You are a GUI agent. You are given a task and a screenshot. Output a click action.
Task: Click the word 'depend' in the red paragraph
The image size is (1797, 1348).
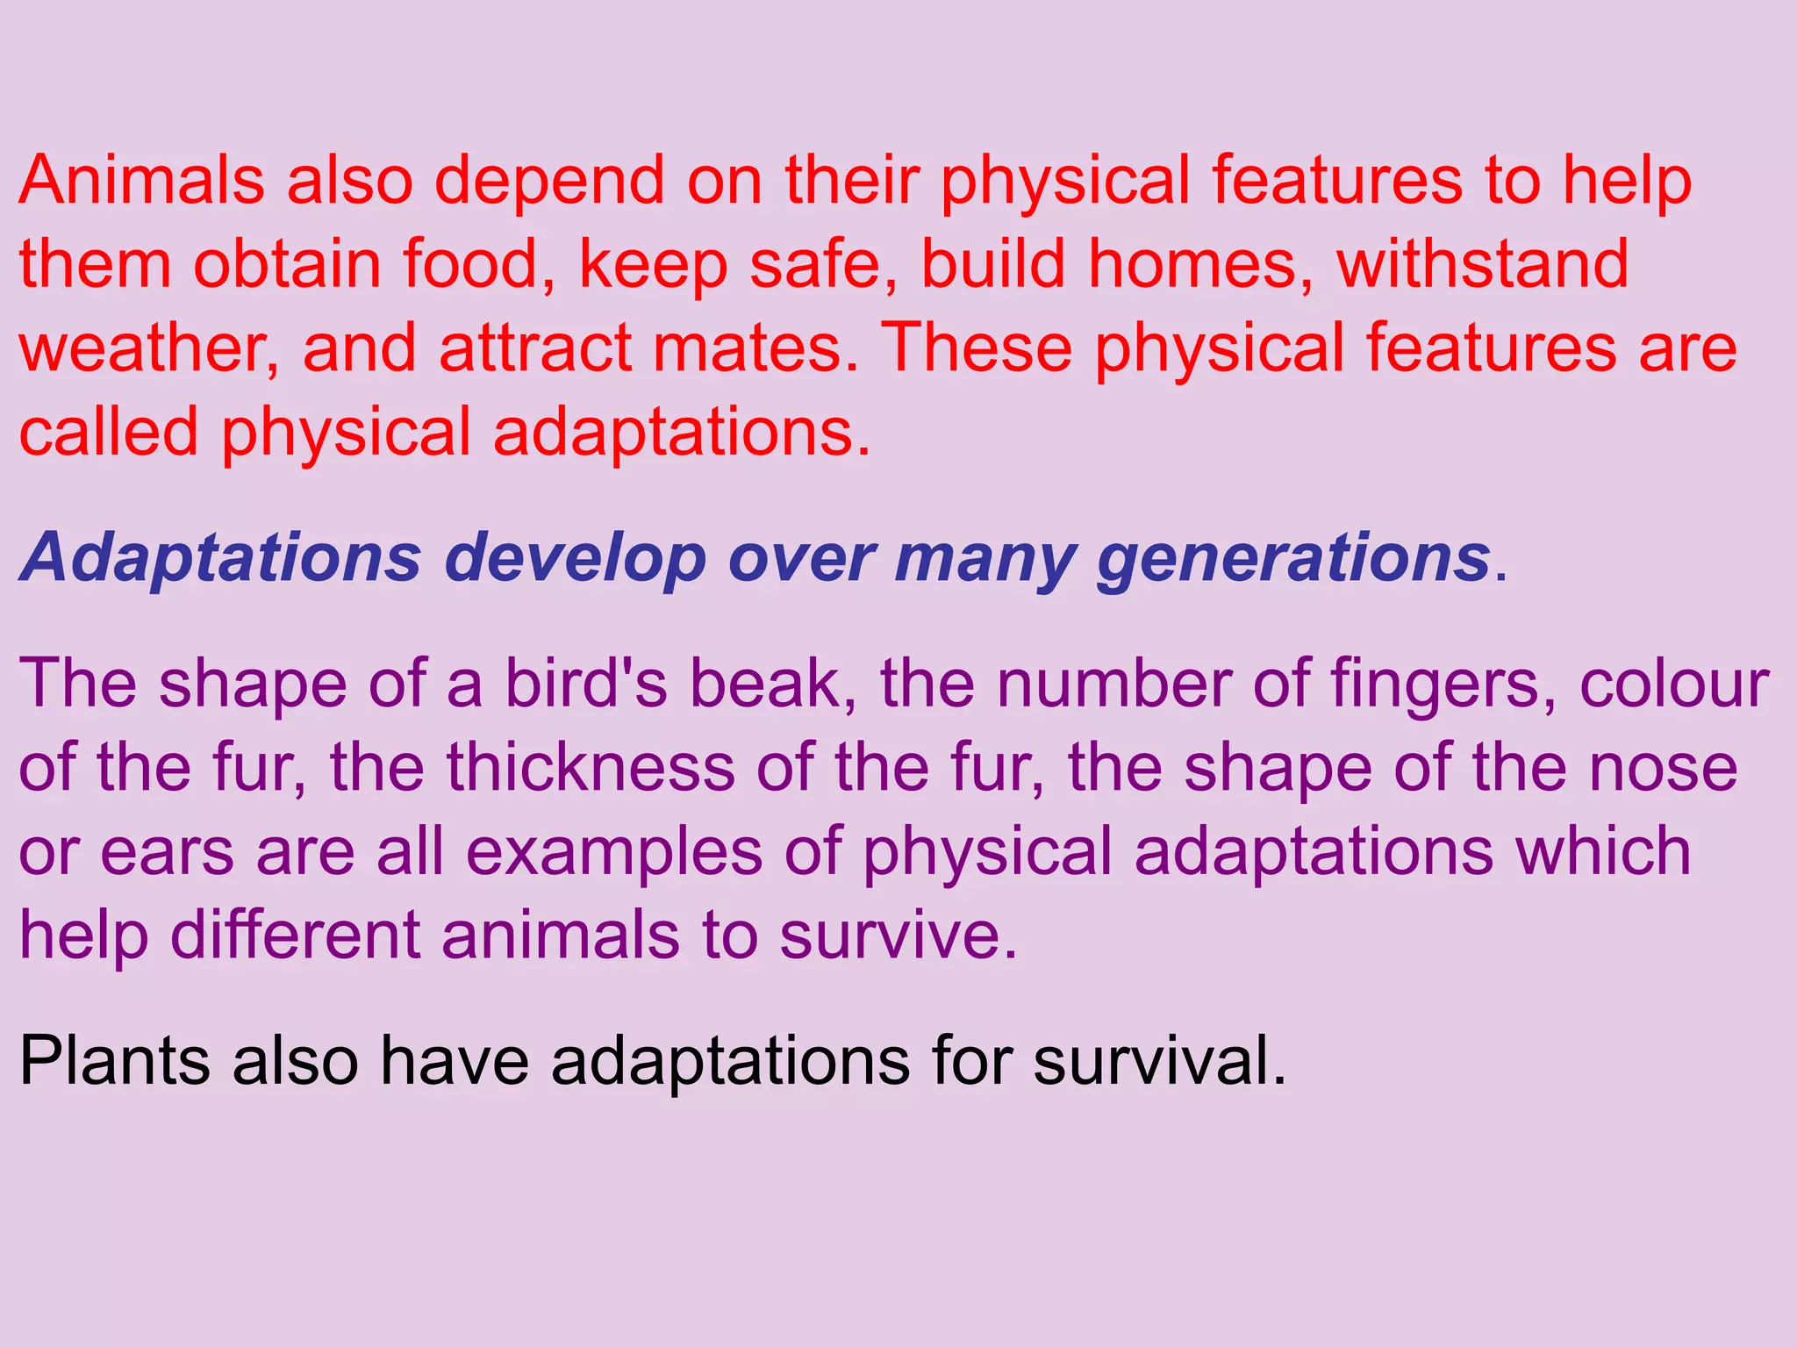point(548,182)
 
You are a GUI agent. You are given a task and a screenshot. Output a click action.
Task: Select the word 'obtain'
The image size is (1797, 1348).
point(287,264)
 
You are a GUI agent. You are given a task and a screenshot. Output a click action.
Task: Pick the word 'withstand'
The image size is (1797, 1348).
point(1482,264)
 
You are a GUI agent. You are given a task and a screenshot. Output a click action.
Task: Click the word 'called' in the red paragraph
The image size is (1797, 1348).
point(109,432)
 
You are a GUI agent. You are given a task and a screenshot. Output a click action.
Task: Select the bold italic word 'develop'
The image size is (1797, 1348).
point(575,559)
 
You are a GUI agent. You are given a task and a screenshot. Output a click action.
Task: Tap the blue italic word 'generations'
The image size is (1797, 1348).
point(1293,559)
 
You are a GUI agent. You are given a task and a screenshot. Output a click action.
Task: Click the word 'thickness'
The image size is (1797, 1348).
point(591,768)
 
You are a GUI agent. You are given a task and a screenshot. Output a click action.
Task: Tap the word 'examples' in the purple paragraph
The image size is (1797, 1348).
point(614,853)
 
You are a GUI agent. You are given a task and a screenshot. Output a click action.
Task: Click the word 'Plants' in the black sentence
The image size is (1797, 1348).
point(114,1062)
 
